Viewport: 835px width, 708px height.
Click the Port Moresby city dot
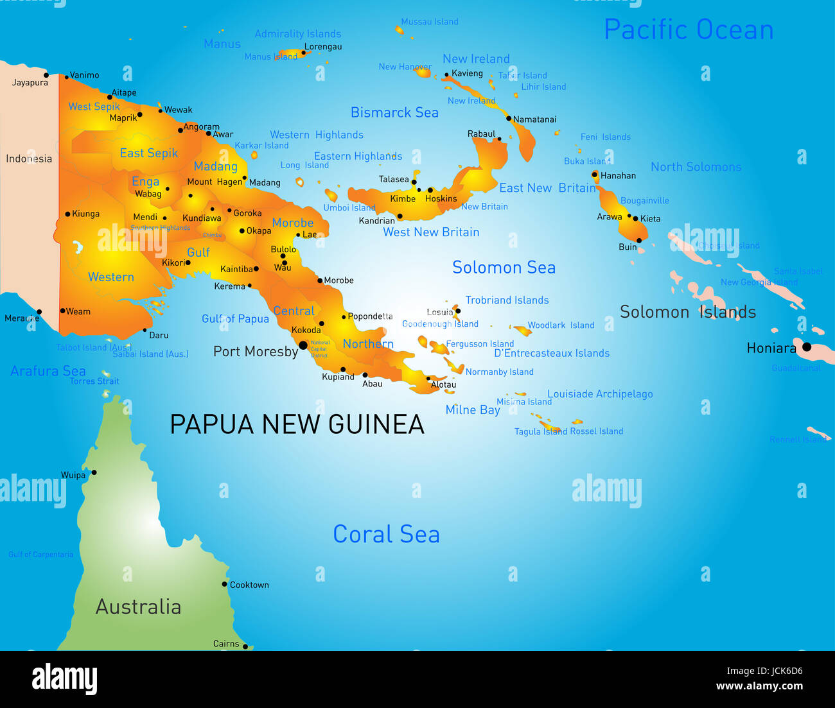[x=303, y=345]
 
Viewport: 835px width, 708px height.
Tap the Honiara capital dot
[x=807, y=347]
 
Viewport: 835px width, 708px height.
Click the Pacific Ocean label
[x=689, y=30]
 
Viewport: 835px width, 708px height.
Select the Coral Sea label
[x=386, y=534]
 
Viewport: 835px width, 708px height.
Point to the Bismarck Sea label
[x=394, y=112]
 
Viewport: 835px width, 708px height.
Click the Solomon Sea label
[x=504, y=268]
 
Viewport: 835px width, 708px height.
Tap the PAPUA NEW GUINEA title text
[x=297, y=424]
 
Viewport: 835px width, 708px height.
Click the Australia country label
[x=138, y=607]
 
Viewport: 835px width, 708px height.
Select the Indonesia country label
[x=29, y=159]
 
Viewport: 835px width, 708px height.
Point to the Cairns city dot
[x=245, y=646]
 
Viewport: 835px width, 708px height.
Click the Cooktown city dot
[x=225, y=584]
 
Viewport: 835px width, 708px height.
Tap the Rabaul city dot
[x=499, y=139]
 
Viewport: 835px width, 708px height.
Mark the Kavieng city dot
[x=446, y=75]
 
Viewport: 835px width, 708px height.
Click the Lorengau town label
[x=323, y=47]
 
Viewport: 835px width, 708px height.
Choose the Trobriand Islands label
[x=507, y=300]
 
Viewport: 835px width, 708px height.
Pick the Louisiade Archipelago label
[x=600, y=394]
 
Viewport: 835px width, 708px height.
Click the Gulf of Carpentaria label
[x=40, y=555]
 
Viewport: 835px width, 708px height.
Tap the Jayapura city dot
[x=46, y=75]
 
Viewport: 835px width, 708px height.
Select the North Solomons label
[x=696, y=167]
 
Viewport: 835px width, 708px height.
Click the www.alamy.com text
[x=759, y=686]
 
